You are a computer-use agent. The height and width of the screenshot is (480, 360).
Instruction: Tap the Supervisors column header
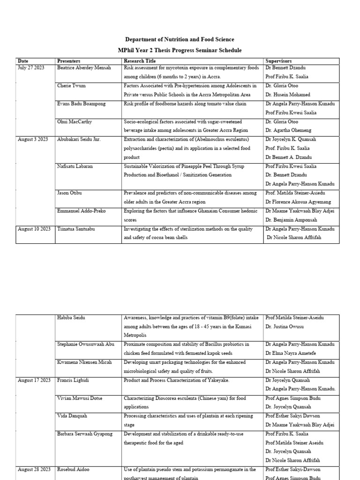(278, 61)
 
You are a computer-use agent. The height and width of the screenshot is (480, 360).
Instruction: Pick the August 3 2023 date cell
(33, 139)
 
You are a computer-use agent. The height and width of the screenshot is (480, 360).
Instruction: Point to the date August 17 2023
(34, 380)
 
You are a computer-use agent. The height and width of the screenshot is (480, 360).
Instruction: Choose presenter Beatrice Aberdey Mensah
(84, 68)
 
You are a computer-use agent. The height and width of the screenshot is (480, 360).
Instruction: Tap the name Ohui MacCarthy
(74, 121)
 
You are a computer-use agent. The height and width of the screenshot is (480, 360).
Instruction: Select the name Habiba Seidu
(71, 318)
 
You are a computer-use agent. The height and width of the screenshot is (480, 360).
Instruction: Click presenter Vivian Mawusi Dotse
(80, 398)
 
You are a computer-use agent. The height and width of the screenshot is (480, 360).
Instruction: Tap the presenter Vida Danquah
(72, 416)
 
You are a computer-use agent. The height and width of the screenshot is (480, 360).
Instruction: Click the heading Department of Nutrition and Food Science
(180, 39)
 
